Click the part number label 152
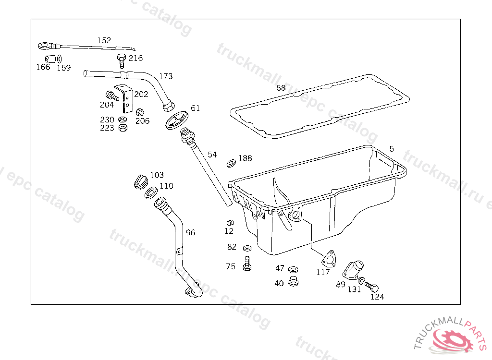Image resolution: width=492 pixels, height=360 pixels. [104, 41]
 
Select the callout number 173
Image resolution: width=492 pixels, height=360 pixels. [166, 76]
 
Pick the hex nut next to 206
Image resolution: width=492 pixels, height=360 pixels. [140, 112]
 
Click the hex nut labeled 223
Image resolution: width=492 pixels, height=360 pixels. [123, 128]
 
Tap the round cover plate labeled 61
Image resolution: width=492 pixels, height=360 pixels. [175, 120]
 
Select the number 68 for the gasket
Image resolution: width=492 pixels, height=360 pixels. [281, 88]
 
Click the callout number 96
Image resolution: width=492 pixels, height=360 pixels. [191, 233]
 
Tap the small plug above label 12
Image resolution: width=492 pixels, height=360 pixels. [229, 223]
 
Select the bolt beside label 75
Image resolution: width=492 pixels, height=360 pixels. [247, 264]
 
